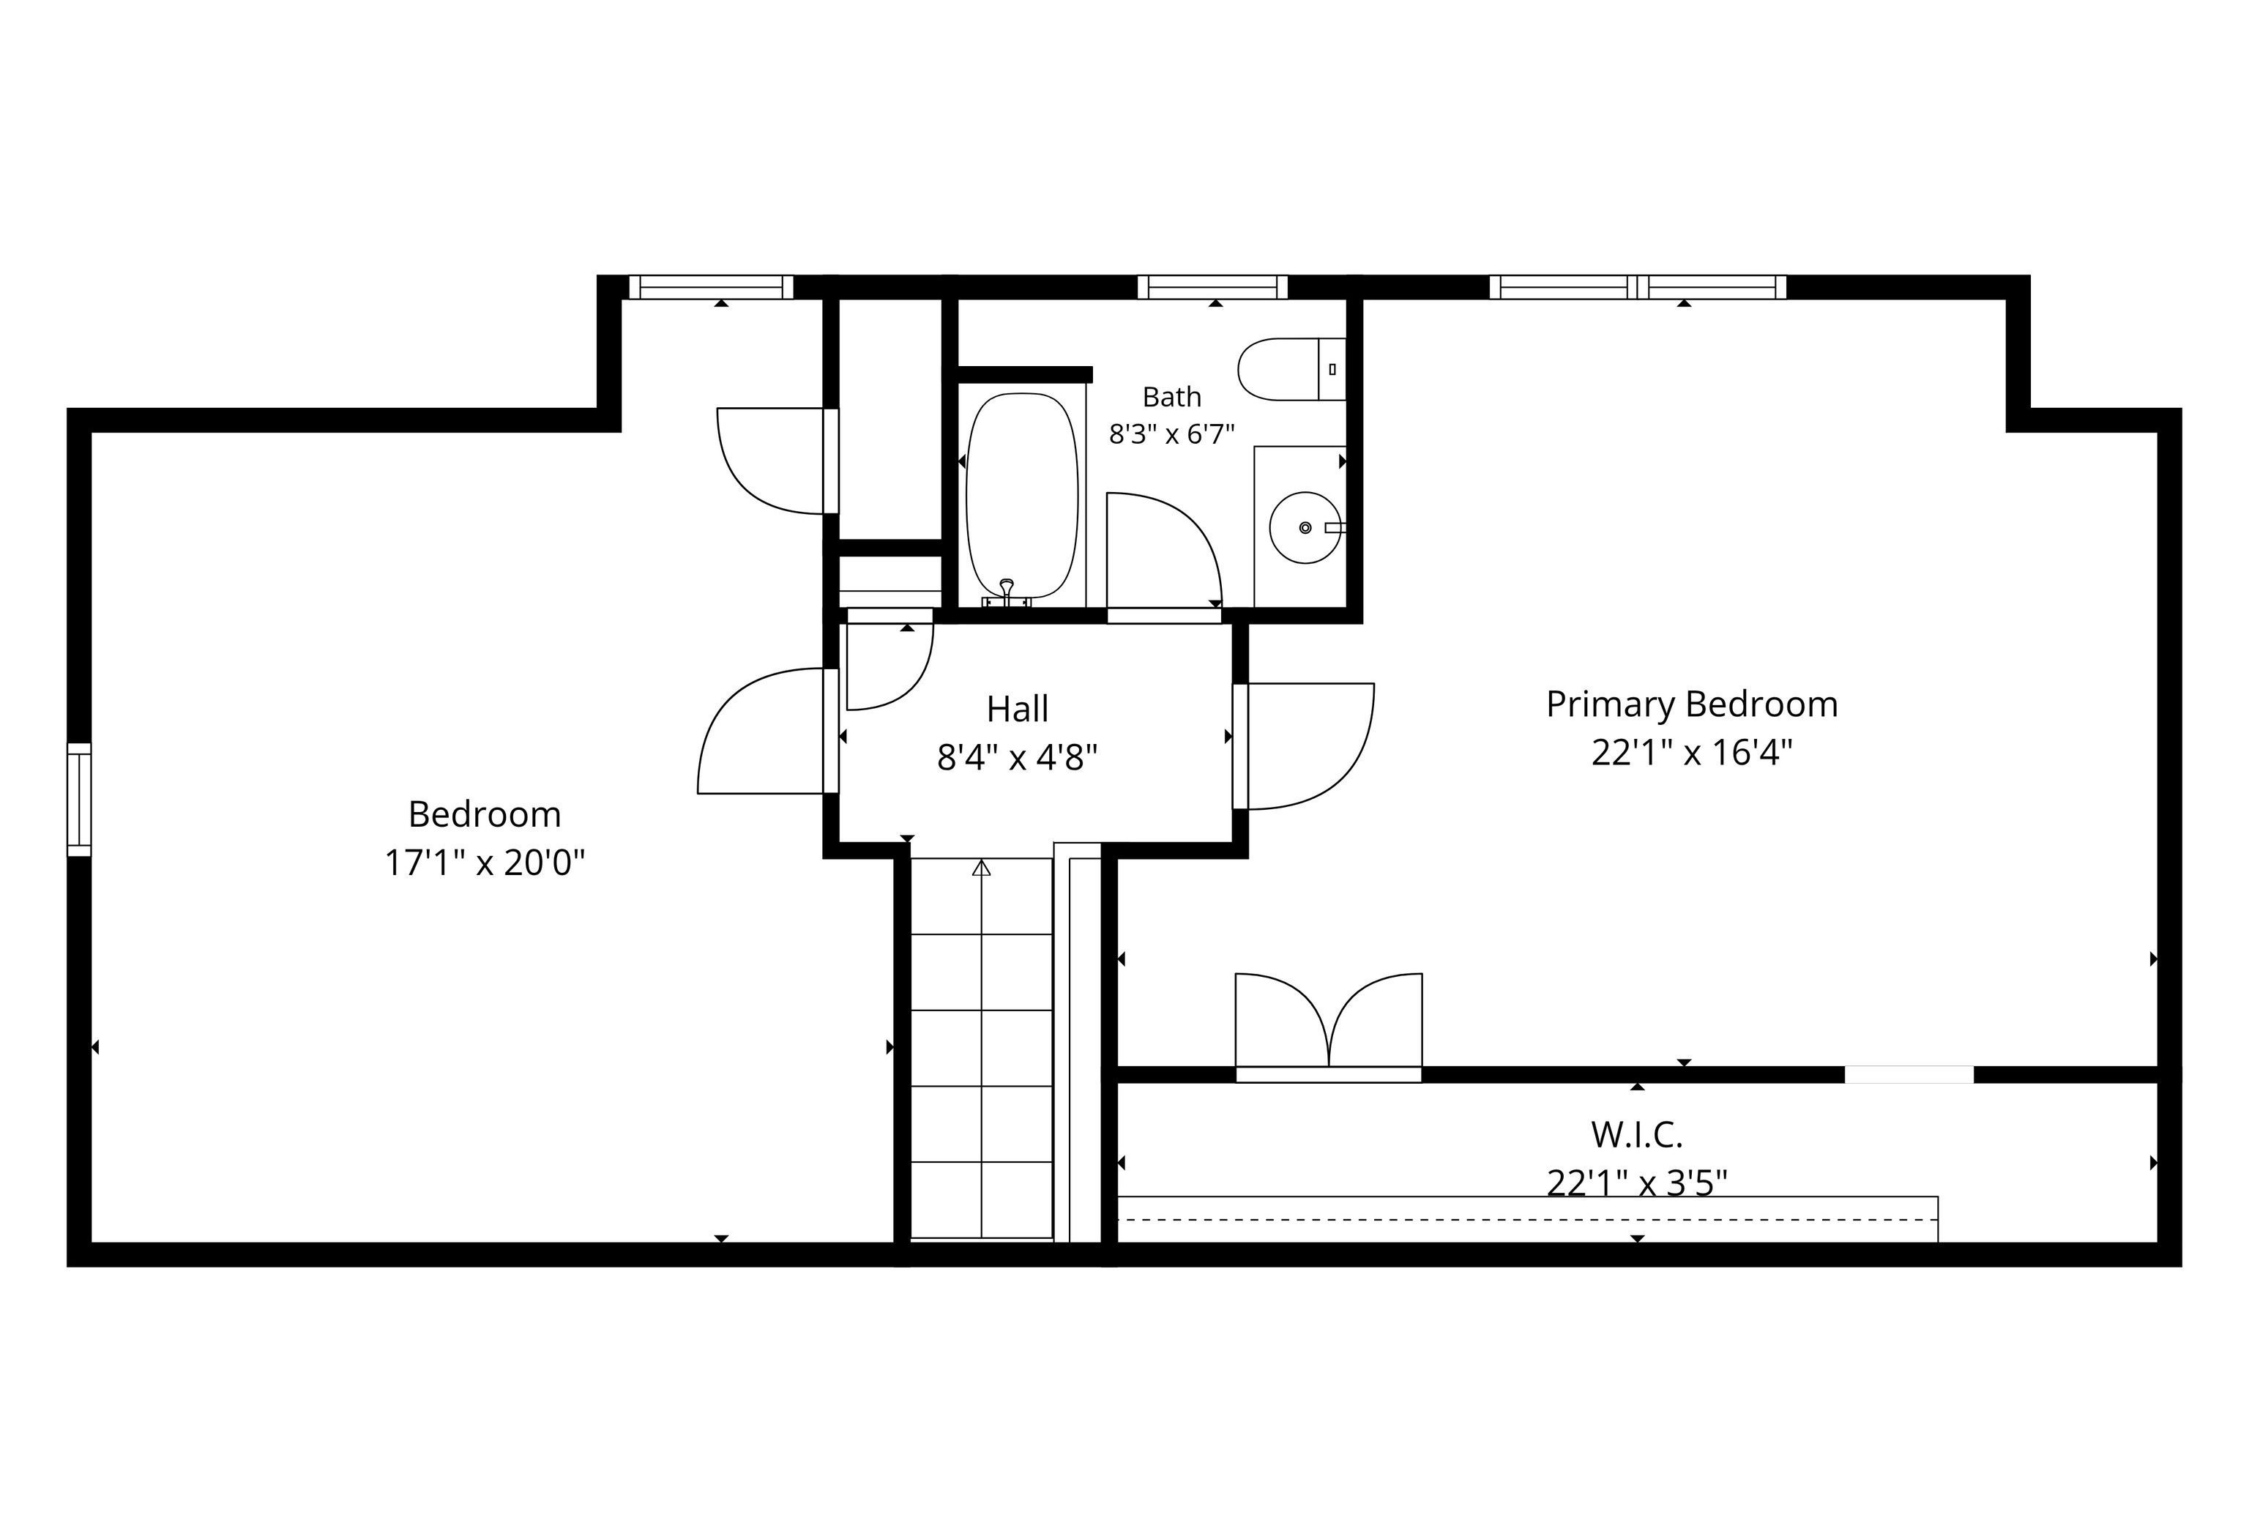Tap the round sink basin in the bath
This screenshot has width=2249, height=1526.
[1305, 527]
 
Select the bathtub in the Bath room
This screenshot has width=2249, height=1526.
[1022, 496]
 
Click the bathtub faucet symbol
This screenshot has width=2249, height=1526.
[1007, 593]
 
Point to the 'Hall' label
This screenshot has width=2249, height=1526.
[1017, 710]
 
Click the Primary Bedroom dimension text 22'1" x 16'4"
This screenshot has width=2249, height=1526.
[1692, 752]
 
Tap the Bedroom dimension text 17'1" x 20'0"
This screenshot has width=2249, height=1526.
[485, 862]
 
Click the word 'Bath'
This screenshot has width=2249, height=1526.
[1172, 397]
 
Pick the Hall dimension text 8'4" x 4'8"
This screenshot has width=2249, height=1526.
[1017, 756]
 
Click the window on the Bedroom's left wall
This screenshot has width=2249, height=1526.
[79, 800]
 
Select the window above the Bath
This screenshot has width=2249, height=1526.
[1212, 287]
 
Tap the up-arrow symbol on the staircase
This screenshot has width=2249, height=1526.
[982, 867]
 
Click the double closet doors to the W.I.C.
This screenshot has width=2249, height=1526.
[1329, 1027]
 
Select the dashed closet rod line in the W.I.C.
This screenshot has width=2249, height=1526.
[1528, 1219]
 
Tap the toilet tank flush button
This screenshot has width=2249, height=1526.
[1332, 368]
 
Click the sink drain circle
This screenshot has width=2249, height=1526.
[1305, 527]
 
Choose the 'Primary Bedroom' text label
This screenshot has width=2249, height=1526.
[1692, 704]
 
